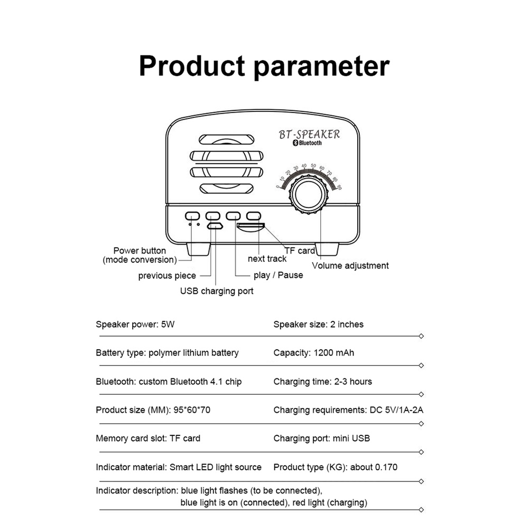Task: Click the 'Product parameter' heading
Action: click(x=264, y=66)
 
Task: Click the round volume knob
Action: click(x=308, y=194)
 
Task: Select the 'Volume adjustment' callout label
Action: click(x=350, y=266)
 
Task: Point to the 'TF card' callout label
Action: click(x=300, y=250)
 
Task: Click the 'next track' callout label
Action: click(x=267, y=259)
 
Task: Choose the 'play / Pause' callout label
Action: click(x=279, y=275)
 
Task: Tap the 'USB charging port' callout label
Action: click(x=217, y=291)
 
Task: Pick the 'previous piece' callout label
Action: click(x=167, y=276)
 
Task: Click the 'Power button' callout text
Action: click(x=140, y=250)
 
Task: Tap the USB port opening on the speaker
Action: click(x=215, y=226)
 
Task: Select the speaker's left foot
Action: click(x=198, y=249)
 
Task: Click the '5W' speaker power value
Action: click(x=168, y=324)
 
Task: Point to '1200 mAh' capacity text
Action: click(x=334, y=353)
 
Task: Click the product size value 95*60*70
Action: click(x=192, y=410)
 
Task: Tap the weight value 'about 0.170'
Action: click(x=374, y=467)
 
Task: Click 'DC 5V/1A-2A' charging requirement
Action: click(x=396, y=410)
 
